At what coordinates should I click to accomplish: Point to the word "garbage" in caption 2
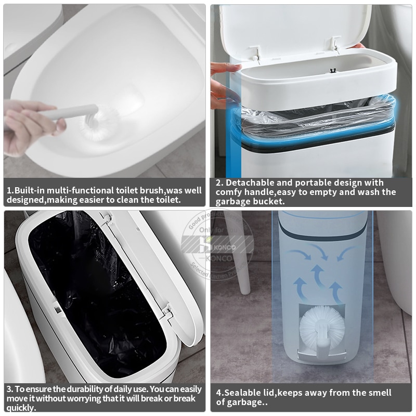[x=233, y=201]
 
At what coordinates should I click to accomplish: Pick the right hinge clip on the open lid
[x=335, y=44]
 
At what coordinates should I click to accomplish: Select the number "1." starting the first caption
[x=10, y=190]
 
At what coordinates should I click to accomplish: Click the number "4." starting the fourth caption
[x=220, y=393]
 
